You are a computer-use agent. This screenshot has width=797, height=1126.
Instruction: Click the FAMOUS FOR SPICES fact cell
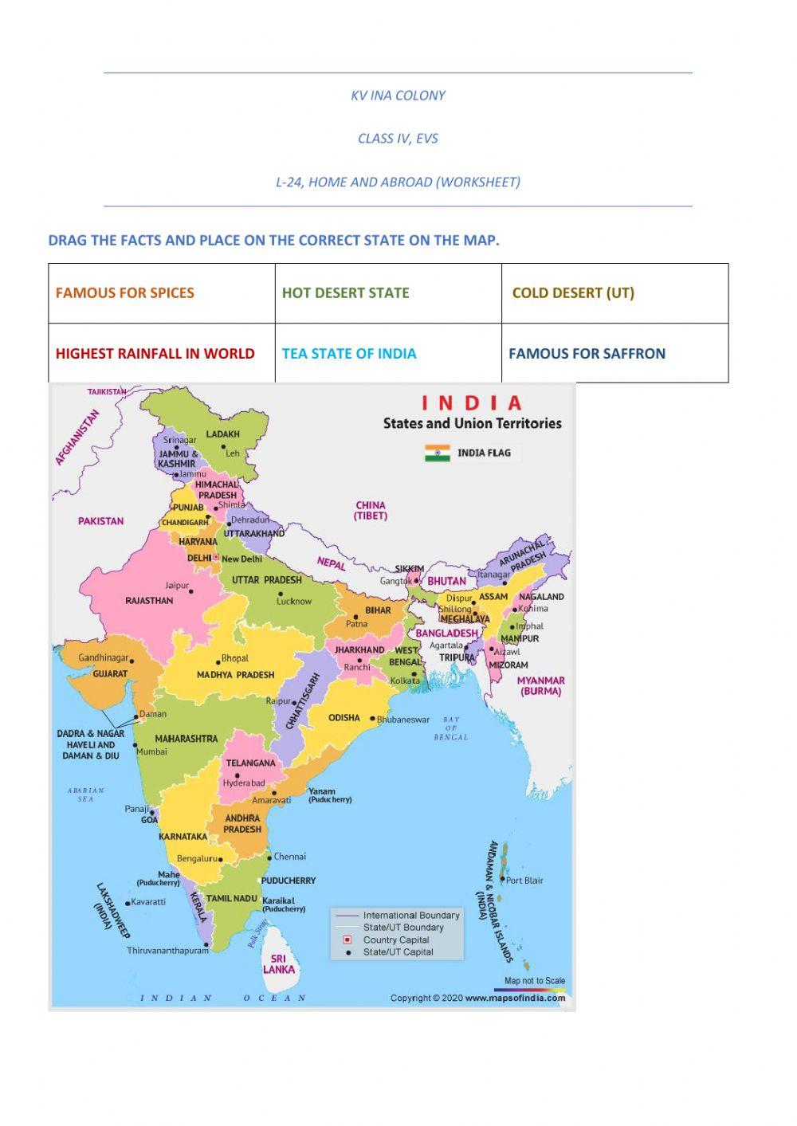[x=125, y=292]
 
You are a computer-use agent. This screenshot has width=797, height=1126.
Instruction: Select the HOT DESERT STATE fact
[x=345, y=292]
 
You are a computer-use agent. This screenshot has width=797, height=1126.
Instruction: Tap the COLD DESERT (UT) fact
[x=573, y=292]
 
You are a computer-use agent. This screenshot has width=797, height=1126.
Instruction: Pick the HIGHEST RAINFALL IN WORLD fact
[x=155, y=353]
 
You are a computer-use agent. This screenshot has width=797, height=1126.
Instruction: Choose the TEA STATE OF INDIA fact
[x=349, y=353]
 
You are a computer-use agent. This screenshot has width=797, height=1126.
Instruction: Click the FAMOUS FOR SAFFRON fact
[x=587, y=353]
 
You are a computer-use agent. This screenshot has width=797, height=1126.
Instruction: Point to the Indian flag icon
[x=438, y=453]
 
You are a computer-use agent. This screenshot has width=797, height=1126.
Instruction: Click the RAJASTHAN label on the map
[x=149, y=600]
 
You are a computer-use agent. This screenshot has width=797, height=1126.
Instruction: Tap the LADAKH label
[x=223, y=434]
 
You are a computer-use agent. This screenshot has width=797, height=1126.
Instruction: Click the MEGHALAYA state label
[x=465, y=618]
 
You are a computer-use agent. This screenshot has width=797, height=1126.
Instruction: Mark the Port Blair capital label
[x=524, y=881]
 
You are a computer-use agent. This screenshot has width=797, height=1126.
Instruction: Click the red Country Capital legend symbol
[x=347, y=940]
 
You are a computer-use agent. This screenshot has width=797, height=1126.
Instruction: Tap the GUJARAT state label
[x=110, y=673]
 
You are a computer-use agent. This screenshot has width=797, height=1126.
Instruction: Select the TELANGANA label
[x=250, y=763]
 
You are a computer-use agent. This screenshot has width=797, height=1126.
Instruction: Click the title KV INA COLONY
[x=398, y=96]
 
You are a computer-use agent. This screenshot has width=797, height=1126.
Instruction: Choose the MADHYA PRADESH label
[x=235, y=675]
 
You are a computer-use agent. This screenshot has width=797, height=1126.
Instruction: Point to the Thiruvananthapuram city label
[x=167, y=950]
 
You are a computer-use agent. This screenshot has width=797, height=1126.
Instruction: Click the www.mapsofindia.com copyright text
[x=515, y=998]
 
